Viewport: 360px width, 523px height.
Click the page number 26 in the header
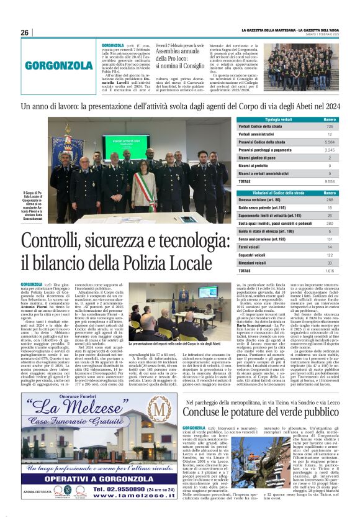[24, 33]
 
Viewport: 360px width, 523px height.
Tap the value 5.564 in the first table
[329, 142]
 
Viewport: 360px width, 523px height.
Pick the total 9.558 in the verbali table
[329, 181]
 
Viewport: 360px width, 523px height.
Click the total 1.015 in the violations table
[329, 271]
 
